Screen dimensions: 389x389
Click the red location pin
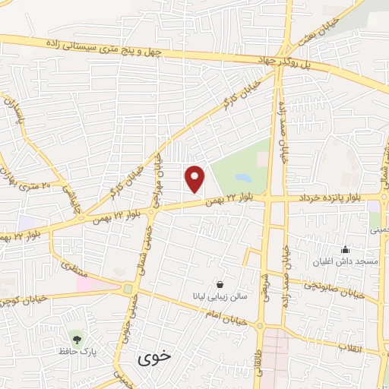point(196,179)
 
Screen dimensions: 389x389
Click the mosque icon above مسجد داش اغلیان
point(346,249)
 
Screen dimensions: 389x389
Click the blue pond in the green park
point(243,178)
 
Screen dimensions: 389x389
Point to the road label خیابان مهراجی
point(159,182)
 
